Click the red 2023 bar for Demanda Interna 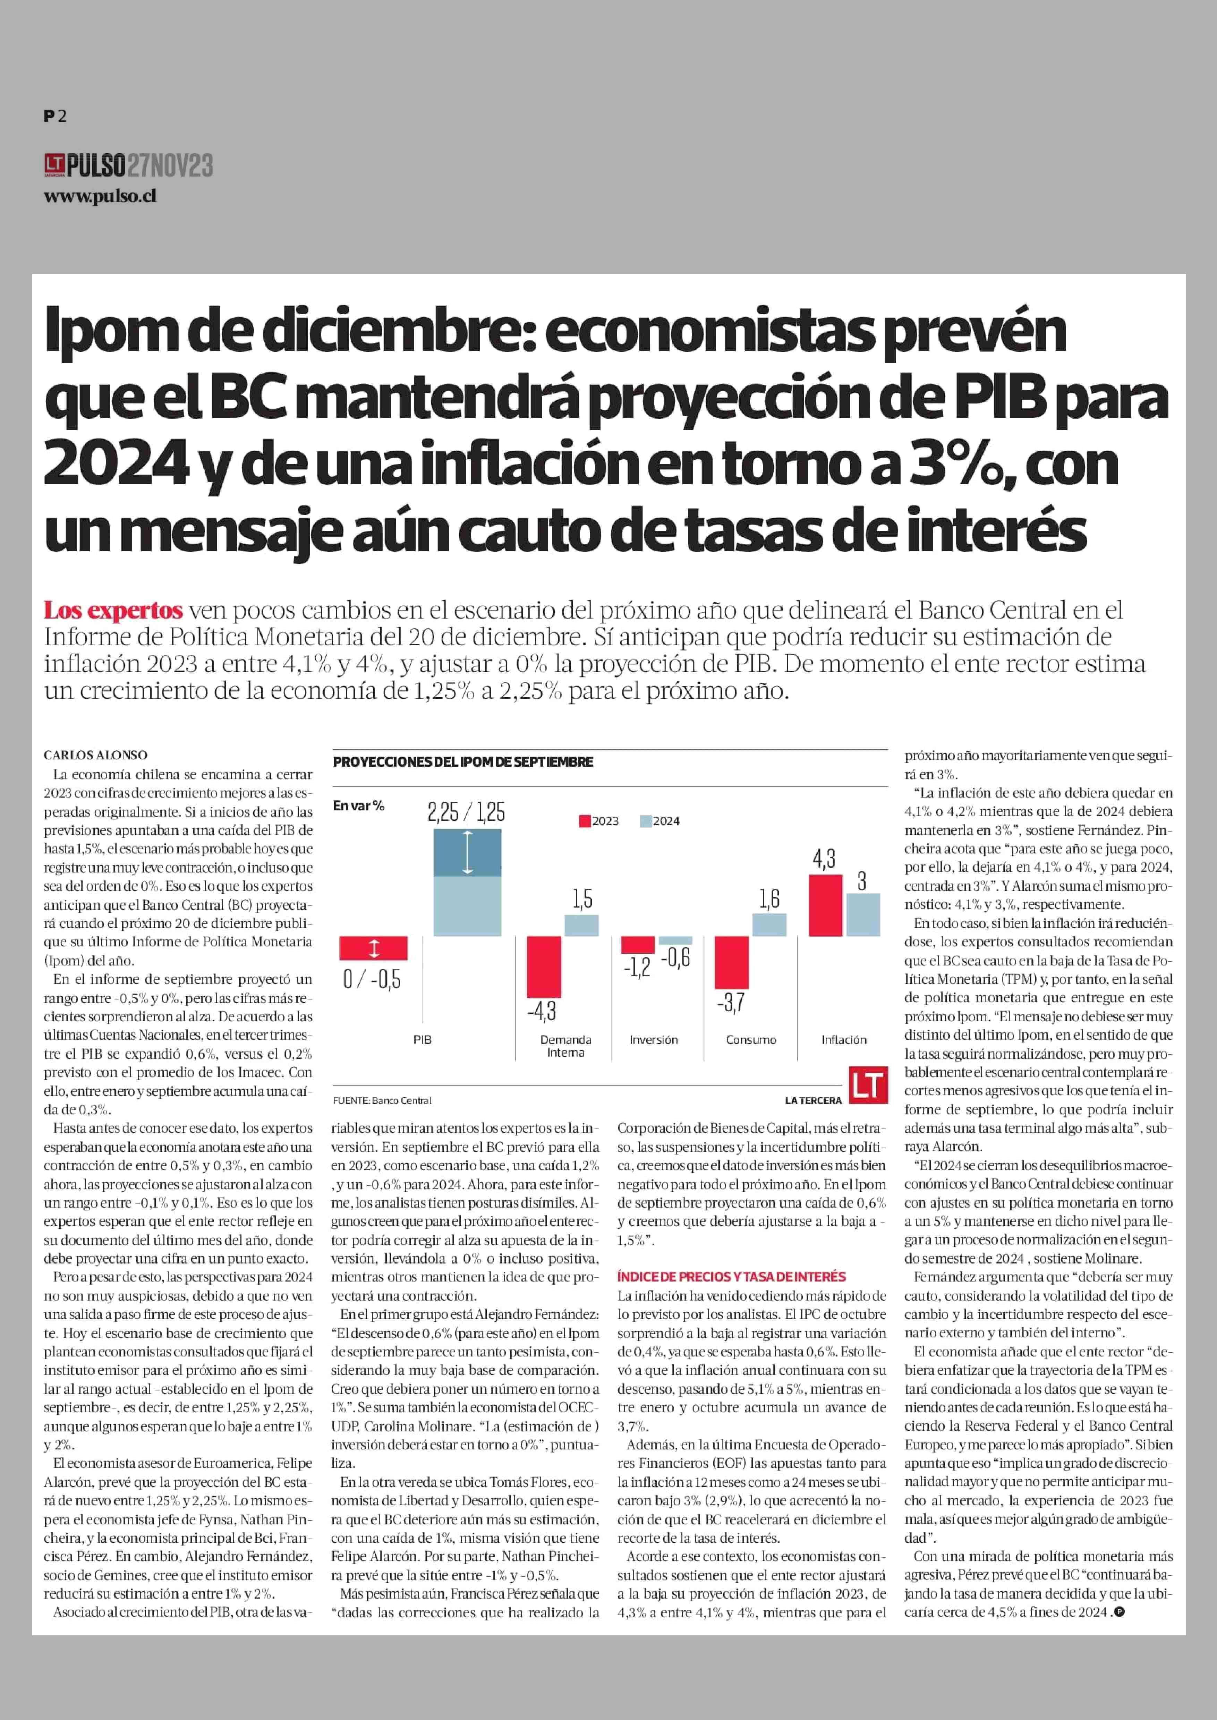(544, 966)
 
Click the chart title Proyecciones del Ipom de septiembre (462, 761)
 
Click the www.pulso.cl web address (100, 196)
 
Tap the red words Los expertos (113, 610)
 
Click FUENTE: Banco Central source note (382, 1100)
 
